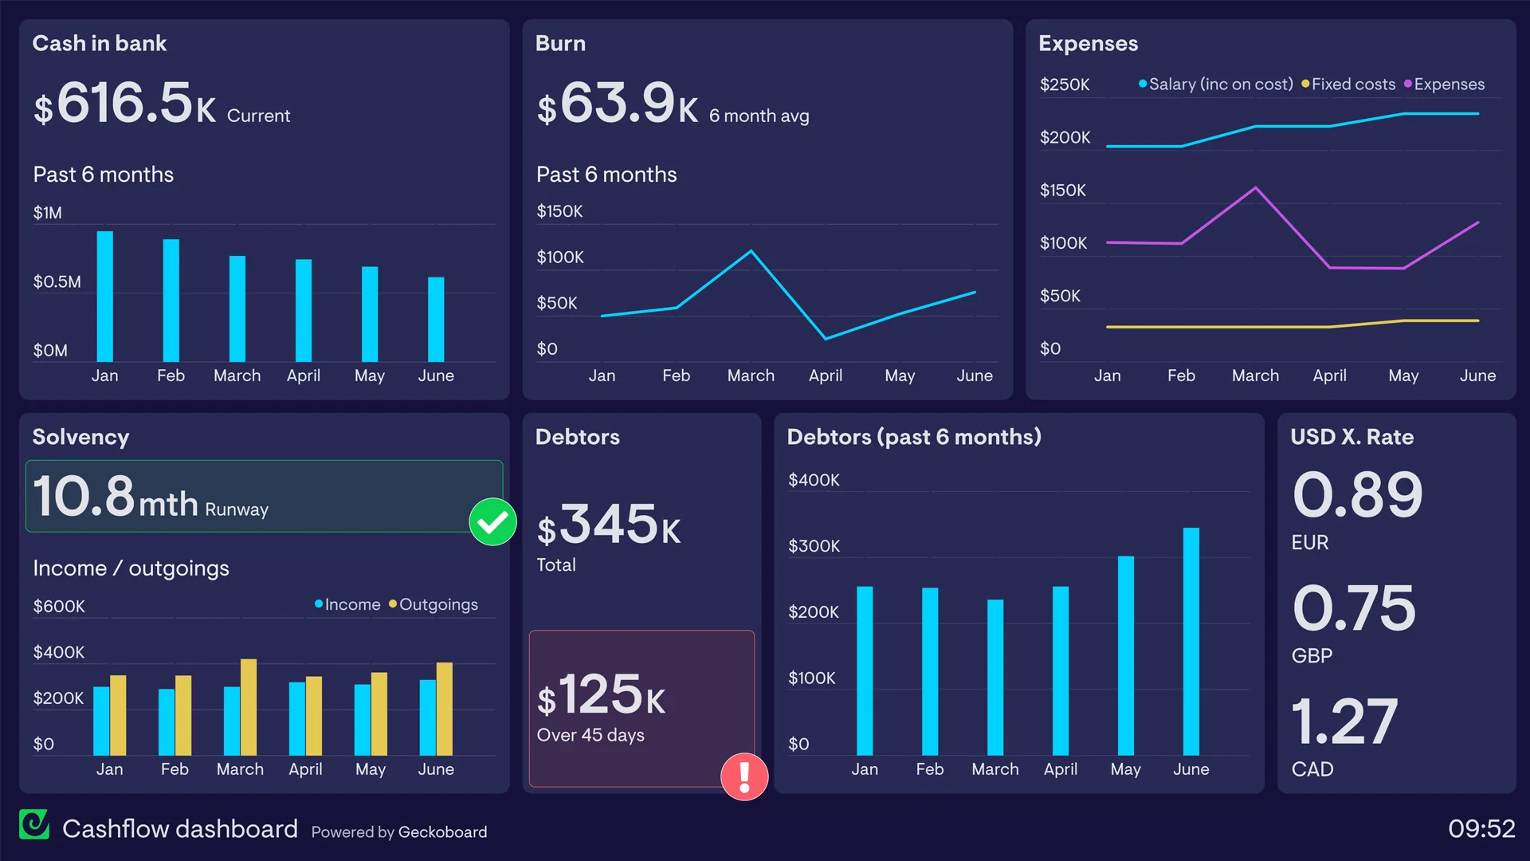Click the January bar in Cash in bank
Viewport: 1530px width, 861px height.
(104, 297)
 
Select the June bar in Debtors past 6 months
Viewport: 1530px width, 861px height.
(1191, 642)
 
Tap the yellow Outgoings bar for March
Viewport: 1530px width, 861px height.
(249, 707)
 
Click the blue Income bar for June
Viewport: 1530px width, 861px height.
(427, 717)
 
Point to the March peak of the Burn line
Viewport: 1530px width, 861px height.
(751, 252)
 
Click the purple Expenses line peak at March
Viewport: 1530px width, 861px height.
(1255, 188)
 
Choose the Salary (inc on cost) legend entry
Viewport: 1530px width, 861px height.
(1216, 85)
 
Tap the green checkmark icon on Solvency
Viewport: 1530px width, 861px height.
(492, 522)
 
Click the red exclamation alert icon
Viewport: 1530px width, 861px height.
(744, 776)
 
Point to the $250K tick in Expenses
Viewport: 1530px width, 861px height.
(1065, 85)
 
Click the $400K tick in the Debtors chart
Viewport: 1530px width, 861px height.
(814, 480)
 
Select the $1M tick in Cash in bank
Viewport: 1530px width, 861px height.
(48, 213)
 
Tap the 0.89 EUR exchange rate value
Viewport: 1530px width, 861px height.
(1357, 495)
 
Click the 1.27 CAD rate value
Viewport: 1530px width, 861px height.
(1344, 721)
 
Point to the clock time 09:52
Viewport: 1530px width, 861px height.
(1481, 828)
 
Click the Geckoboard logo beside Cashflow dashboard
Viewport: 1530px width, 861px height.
(34, 825)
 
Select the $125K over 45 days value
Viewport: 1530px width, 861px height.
(602, 694)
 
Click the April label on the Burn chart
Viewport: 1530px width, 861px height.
(825, 375)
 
